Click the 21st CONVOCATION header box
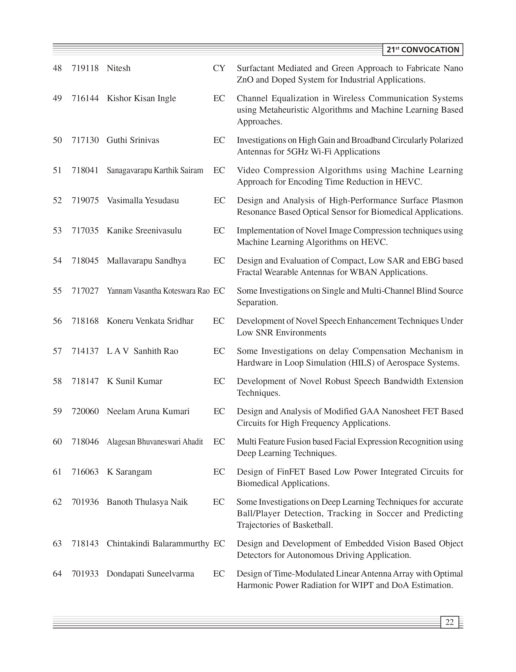coord(423,50)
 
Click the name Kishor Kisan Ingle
coord(141,99)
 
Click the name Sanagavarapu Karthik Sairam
coord(155,170)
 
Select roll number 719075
coord(85,201)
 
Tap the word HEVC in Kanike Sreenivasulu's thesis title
coord(373,242)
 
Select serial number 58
coord(57,381)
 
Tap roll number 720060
coord(85,411)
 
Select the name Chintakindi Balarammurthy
coord(158,544)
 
